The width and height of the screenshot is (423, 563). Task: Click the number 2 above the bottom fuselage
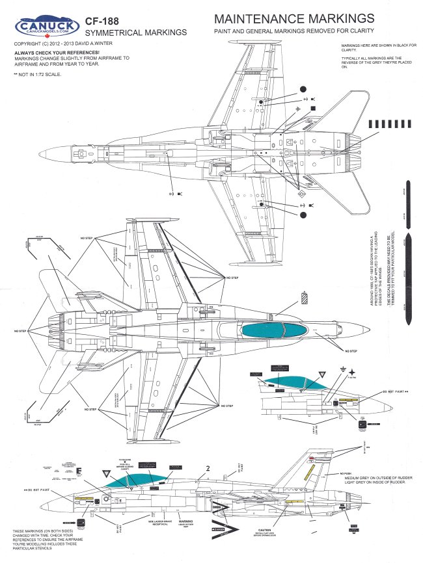point(208,467)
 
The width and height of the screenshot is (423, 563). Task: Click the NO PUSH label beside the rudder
point(348,475)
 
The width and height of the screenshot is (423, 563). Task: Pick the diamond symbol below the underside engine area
point(300,193)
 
